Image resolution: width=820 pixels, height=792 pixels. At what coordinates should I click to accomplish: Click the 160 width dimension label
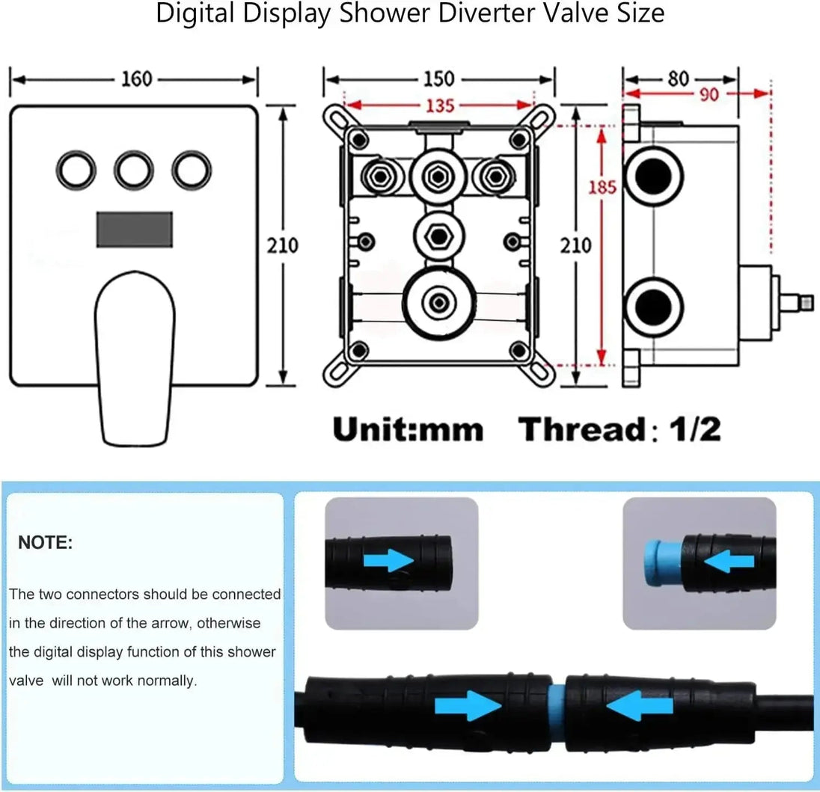pyautogui.click(x=136, y=79)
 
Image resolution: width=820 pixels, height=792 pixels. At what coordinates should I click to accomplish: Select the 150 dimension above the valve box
pyautogui.click(x=438, y=79)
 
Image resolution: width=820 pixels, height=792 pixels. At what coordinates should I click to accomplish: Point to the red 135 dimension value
pyautogui.click(x=440, y=105)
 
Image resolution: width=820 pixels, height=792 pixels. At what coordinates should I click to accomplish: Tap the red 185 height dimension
pyautogui.click(x=602, y=186)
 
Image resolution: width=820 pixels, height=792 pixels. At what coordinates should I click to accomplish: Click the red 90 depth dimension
pyautogui.click(x=709, y=94)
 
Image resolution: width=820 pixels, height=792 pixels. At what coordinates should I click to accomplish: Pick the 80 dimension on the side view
pyautogui.click(x=678, y=79)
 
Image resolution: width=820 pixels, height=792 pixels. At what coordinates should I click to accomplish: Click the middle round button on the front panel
pyautogui.click(x=135, y=170)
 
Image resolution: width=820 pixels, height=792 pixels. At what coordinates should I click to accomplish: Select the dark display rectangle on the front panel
pyautogui.click(x=135, y=229)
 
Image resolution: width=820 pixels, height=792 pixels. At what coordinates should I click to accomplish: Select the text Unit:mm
pyautogui.click(x=408, y=429)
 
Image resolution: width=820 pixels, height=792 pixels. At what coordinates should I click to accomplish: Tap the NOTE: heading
pyautogui.click(x=46, y=544)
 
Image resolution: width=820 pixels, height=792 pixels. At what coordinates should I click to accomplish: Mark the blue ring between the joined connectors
pyautogui.click(x=556, y=704)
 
